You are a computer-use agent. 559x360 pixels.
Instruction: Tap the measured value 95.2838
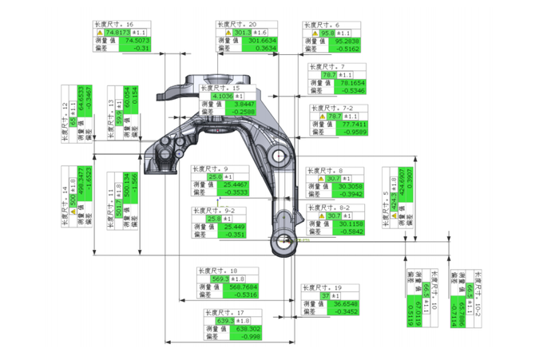(x=344, y=40)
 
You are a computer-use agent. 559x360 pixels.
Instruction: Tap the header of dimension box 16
(x=113, y=24)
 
